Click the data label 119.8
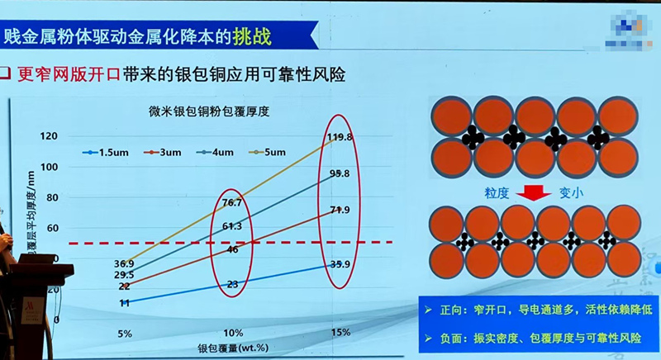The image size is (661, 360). tap(340, 137)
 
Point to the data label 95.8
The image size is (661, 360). tap(340, 173)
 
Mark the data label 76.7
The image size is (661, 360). tap(232, 202)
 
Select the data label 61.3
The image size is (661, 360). tap(232, 225)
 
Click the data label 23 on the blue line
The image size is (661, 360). tap(233, 284)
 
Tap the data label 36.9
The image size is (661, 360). tap(123, 263)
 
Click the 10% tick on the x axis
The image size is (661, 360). tap(232, 333)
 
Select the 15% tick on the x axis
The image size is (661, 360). tap(338, 333)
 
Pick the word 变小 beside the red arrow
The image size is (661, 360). tap(570, 193)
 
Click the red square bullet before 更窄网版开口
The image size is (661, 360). tap(10, 73)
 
